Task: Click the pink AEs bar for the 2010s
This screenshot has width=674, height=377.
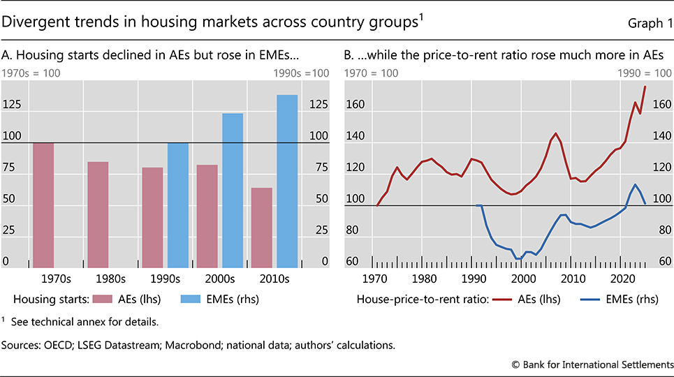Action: [x=261, y=228]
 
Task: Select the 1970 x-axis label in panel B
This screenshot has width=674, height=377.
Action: [x=376, y=279]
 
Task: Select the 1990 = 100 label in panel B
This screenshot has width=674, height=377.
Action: [x=638, y=73]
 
